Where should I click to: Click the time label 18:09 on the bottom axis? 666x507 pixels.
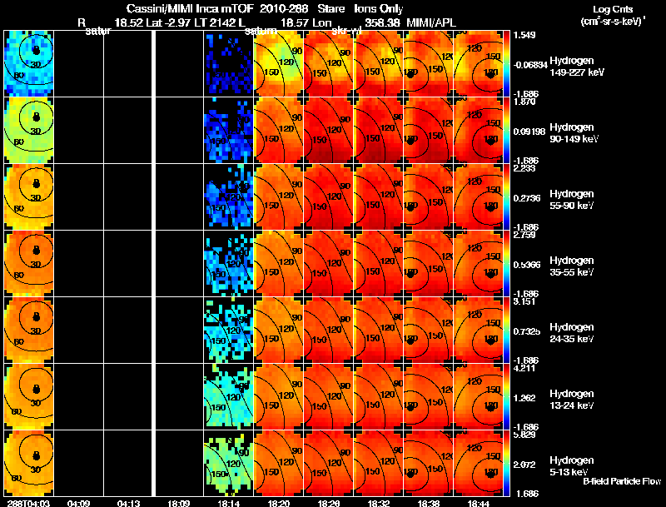click(179, 503)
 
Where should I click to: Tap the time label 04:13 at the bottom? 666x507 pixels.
click(128, 503)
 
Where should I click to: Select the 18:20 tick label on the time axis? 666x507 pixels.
click(279, 503)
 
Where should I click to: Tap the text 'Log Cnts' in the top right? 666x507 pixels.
click(604, 7)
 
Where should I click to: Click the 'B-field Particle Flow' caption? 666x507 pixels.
click(623, 481)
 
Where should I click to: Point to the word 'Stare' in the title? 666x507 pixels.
click(331, 8)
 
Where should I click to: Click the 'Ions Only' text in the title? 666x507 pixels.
click(379, 8)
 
